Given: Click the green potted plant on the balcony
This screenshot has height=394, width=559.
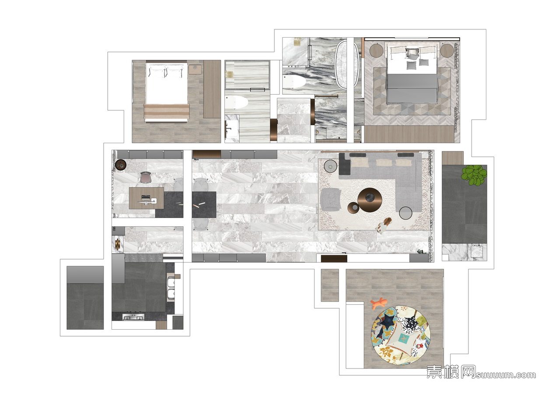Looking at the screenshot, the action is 474,175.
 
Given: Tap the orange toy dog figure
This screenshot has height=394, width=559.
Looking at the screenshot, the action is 379,303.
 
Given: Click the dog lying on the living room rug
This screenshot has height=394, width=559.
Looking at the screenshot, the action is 384,225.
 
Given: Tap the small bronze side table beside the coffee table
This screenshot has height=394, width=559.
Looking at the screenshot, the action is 354,208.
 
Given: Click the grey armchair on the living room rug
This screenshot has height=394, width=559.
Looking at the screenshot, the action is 331,199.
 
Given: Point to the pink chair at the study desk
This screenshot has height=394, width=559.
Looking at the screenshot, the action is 146,177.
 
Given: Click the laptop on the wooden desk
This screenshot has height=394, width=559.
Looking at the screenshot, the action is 146,200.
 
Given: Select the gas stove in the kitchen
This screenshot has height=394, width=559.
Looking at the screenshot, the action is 133,317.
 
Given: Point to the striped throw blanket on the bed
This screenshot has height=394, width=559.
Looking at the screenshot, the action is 167,111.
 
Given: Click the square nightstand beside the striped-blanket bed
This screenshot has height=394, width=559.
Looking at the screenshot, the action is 195,69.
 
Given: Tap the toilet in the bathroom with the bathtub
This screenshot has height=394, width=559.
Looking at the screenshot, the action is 295,82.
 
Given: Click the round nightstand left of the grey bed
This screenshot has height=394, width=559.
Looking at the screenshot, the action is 376,51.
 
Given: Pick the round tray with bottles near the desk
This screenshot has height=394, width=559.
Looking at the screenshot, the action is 121,165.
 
